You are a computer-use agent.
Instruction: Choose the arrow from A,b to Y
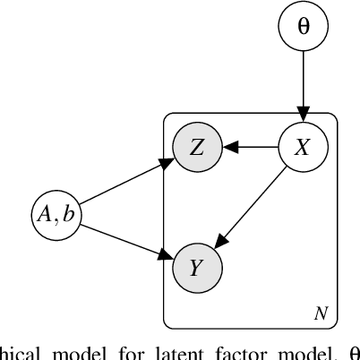[x=124, y=237]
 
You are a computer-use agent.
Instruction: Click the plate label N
[x=321, y=313]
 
